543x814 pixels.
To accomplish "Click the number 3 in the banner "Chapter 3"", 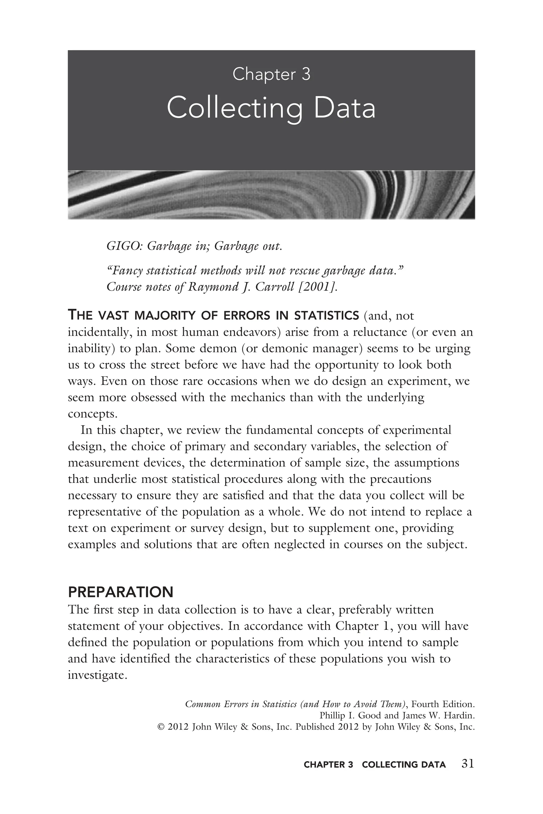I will tap(305, 74).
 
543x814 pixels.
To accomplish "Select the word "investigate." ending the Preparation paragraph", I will tap(98, 675).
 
